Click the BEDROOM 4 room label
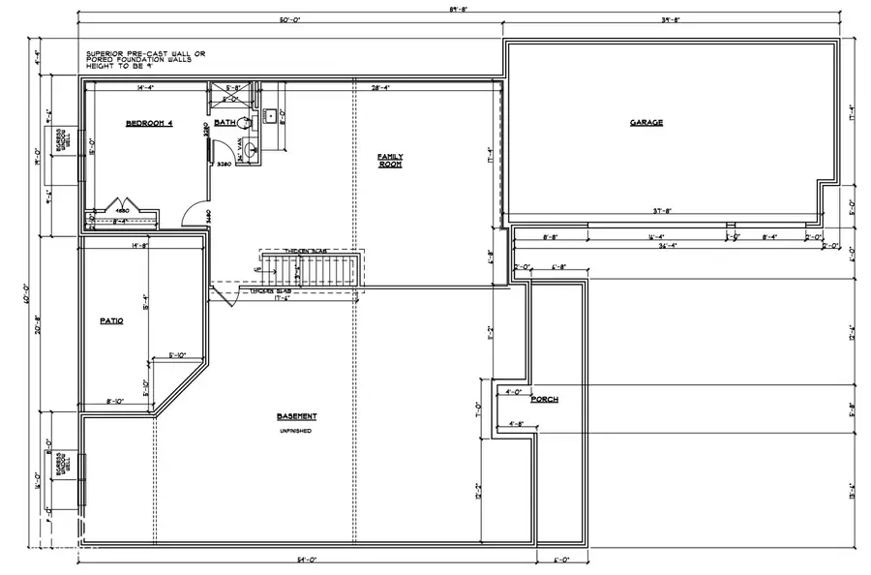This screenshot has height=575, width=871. click(x=149, y=124)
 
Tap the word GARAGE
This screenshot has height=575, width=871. click(x=646, y=123)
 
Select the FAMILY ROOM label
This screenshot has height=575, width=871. click(x=390, y=161)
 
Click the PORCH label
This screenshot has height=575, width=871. click(x=544, y=399)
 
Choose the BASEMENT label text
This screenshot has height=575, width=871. click(x=296, y=416)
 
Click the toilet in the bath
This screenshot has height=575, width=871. click(x=245, y=124)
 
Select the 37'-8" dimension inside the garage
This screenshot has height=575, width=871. click(x=663, y=210)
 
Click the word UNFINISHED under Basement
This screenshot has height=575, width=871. click(x=296, y=430)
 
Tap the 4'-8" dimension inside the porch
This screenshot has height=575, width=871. click(x=517, y=424)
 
